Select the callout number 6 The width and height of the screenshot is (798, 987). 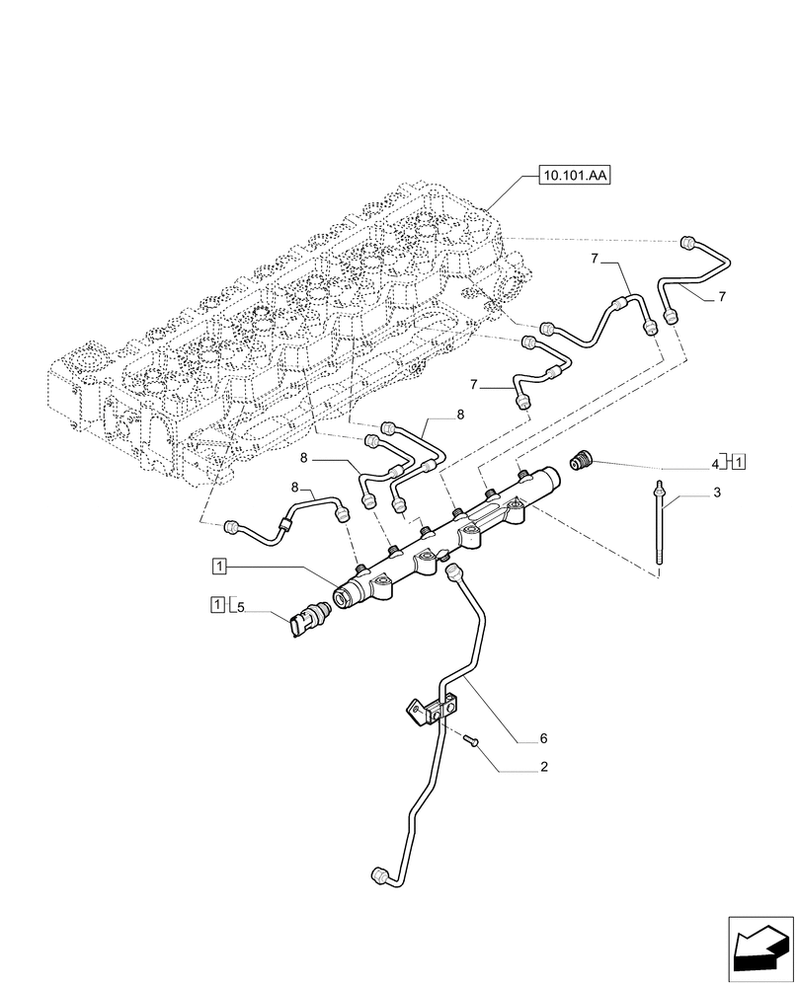(x=542, y=737)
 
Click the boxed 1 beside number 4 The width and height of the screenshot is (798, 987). (x=739, y=460)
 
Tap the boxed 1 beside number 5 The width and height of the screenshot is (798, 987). (x=216, y=604)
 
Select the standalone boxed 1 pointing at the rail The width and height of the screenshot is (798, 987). (x=219, y=566)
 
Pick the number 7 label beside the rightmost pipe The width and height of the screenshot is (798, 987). (x=722, y=297)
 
